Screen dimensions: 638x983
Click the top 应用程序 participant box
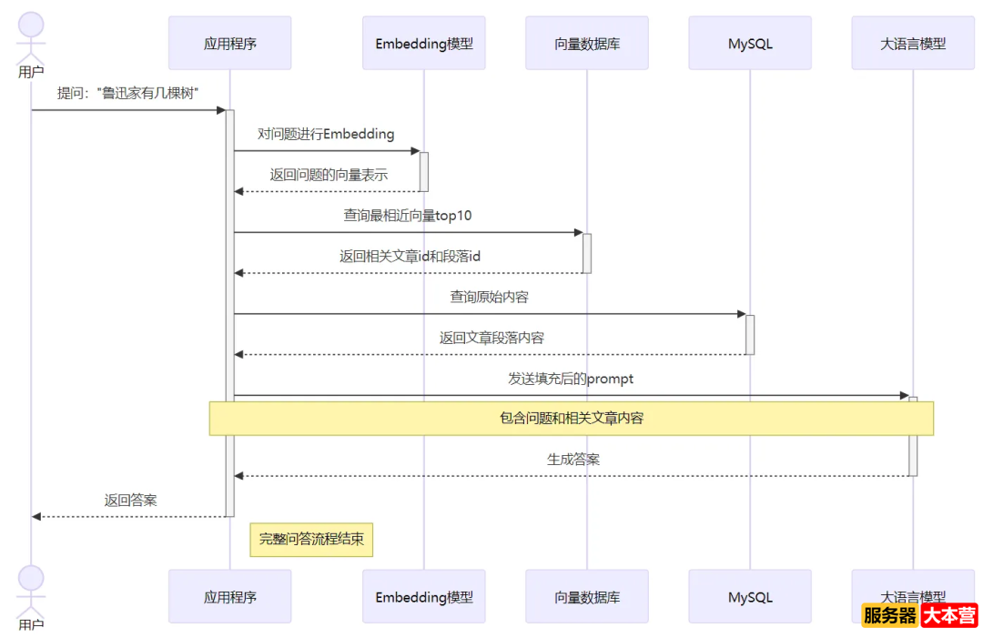point(229,43)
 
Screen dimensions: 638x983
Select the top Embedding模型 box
point(423,43)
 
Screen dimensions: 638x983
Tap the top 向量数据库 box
point(586,43)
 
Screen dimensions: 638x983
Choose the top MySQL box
point(749,43)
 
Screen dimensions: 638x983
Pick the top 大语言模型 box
point(912,43)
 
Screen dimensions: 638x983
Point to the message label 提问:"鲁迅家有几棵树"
point(128,93)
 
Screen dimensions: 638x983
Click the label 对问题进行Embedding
point(326,134)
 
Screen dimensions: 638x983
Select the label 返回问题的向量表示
point(328,175)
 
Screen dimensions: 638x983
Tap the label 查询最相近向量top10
point(407,216)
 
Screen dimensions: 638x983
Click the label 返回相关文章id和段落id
point(410,257)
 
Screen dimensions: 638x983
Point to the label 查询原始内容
point(489,297)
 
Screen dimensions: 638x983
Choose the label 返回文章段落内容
point(491,338)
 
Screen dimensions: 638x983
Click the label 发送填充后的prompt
point(571,379)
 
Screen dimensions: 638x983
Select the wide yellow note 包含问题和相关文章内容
point(571,419)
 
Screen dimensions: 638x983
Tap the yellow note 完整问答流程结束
point(311,539)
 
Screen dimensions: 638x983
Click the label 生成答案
point(573,460)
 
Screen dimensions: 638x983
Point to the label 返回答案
point(130,501)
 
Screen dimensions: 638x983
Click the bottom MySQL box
point(749,597)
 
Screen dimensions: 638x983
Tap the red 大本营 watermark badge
point(948,615)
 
